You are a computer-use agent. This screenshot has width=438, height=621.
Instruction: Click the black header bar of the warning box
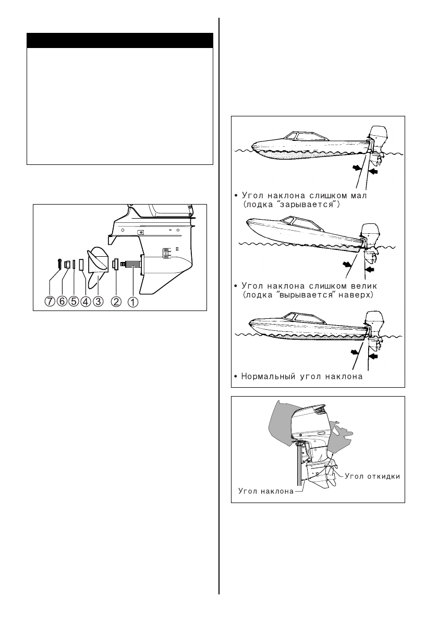coord(120,41)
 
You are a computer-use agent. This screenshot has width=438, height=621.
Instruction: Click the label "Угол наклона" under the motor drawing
coord(266,491)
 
